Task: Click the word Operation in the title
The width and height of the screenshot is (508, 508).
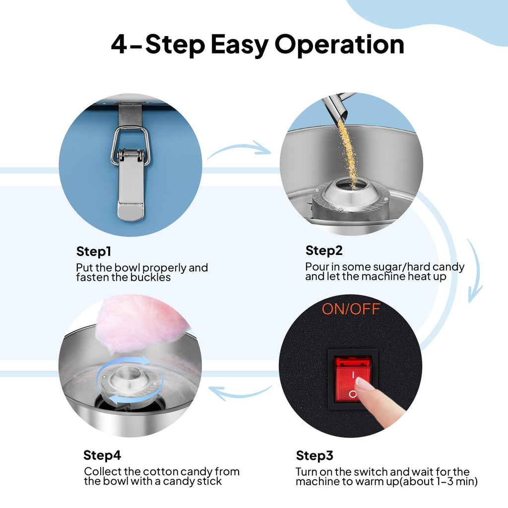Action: [339, 45]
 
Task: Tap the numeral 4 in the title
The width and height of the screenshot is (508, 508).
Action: [119, 44]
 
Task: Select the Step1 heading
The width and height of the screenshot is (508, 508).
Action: [94, 252]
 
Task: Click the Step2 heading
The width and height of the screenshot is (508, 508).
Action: [324, 251]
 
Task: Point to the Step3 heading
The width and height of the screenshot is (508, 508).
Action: [315, 456]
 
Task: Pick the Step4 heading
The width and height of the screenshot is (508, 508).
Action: [102, 455]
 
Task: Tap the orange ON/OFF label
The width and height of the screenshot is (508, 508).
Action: [351, 309]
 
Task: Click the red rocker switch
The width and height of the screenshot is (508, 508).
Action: [353, 379]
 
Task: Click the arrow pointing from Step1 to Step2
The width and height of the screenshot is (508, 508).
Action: [239, 149]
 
